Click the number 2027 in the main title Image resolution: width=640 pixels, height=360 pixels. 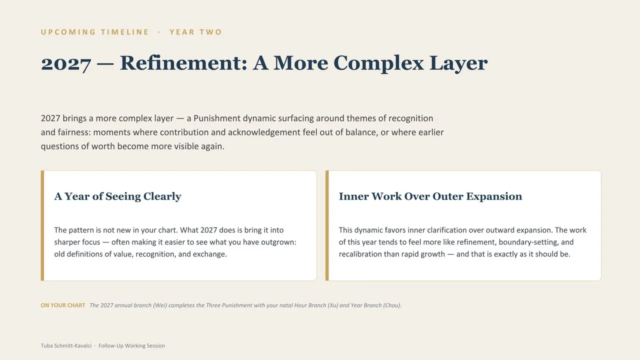66,63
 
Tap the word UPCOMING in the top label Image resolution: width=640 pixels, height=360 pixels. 68,32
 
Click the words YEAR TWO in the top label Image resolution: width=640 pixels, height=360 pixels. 195,32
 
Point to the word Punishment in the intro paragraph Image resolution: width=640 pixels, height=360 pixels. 217,118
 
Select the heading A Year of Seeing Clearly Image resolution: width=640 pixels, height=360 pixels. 117,196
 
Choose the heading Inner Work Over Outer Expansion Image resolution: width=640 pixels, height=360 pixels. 430,196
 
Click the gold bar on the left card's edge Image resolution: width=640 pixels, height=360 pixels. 42,225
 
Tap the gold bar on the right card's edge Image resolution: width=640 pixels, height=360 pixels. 327,225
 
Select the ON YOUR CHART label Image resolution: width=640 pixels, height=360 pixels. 63,305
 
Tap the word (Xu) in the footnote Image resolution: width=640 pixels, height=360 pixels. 333,305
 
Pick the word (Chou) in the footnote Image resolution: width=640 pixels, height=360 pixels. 392,305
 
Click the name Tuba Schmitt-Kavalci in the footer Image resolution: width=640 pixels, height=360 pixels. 66,345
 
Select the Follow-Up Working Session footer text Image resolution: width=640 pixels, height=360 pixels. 131,345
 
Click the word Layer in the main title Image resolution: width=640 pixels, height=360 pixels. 458,63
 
